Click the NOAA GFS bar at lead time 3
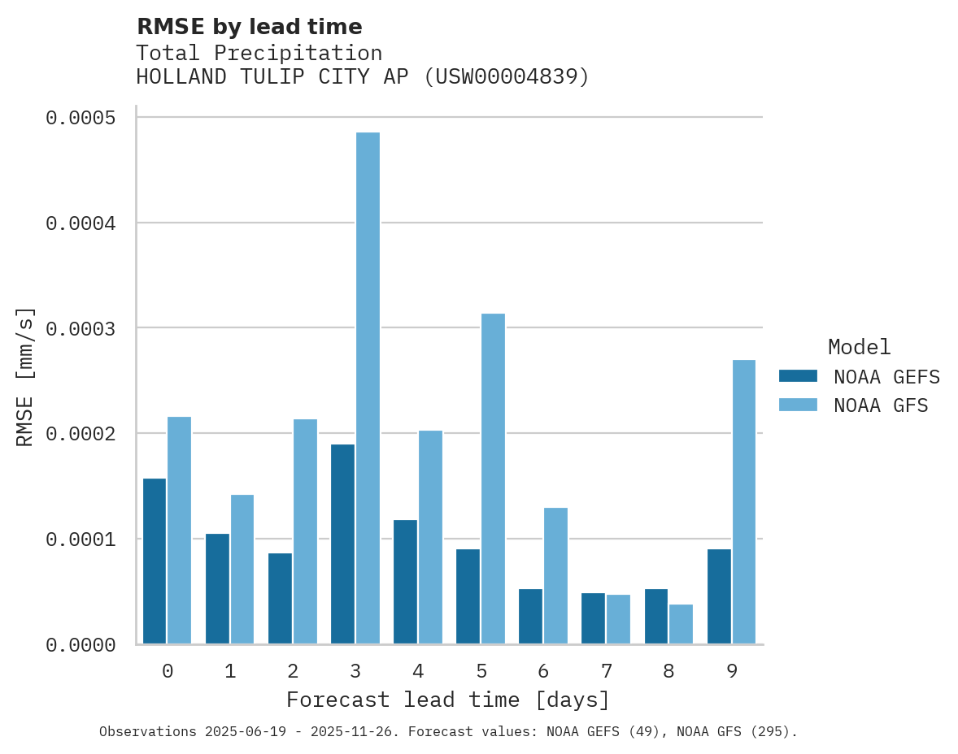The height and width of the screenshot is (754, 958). pos(368,388)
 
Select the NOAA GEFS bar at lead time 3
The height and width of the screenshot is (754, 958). pos(342,544)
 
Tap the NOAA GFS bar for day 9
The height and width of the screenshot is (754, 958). pos(744,502)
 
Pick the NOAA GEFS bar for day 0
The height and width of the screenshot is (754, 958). pos(155,561)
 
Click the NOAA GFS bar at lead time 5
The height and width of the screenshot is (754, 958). pos(493,479)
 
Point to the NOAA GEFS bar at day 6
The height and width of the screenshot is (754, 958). pos(530,617)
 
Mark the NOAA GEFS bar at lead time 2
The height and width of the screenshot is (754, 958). pos(280,599)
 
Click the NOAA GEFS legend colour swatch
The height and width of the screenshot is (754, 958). pos(798,376)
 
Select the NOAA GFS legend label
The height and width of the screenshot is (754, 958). pos(881,405)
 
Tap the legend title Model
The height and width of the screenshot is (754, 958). pos(860,347)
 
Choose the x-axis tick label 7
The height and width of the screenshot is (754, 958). pos(606,671)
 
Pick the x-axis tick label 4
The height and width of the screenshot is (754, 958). pos(418,671)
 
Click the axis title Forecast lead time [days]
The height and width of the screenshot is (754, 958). pos(448,700)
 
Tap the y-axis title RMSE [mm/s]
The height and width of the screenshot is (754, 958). pos(25,377)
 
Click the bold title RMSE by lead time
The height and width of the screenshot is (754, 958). pos(249,27)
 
